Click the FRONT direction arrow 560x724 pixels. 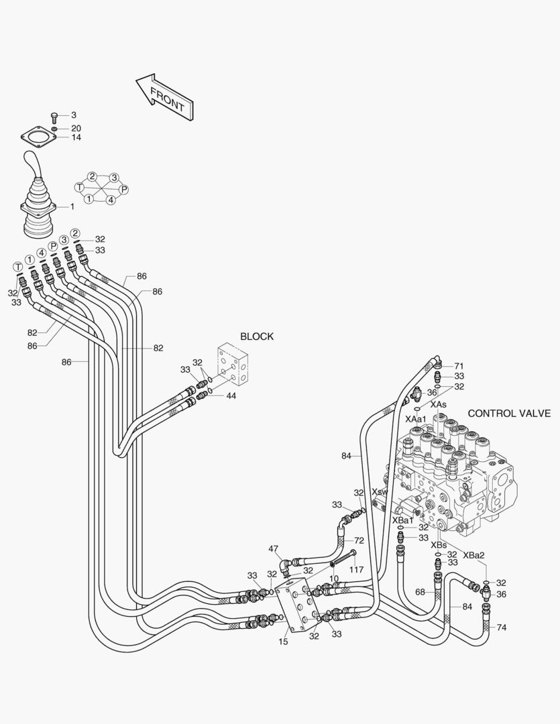[x=165, y=98]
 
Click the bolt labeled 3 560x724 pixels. [x=56, y=116]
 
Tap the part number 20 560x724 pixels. [x=76, y=127]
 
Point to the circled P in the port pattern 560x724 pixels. [x=123, y=190]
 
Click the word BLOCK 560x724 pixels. [x=256, y=337]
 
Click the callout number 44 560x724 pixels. [x=231, y=396]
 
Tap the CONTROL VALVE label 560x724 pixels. [x=509, y=413]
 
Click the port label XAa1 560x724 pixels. [x=416, y=418]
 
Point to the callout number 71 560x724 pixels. [x=459, y=366]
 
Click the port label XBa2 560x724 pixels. [x=473, y=555]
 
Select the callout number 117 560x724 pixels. [x=356, y=570]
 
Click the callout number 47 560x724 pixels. [x=274, y=549]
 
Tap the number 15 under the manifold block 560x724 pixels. [x=284, y=641]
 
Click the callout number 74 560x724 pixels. [x=502, y=627]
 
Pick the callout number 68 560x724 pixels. [x=420, y=592]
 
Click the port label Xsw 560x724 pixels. [x=380, y=491]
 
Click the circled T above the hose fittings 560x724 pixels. [x=18, y=267]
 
